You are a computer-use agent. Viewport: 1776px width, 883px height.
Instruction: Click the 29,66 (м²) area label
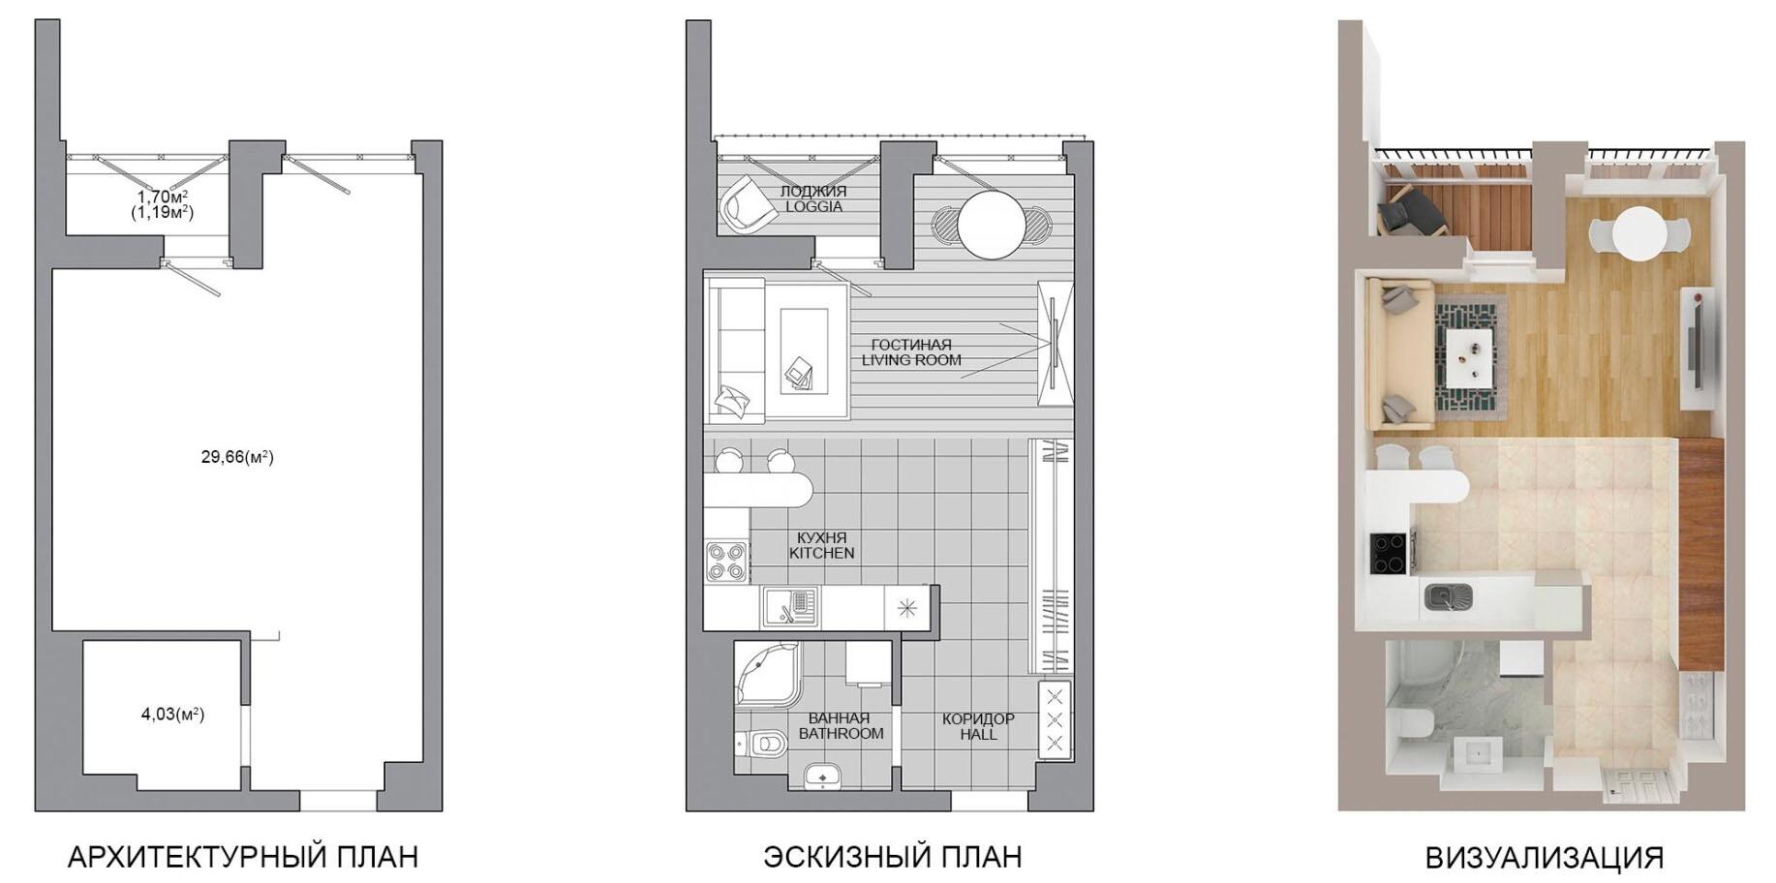pos(237,457)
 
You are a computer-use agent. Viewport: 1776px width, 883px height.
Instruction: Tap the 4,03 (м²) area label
pos(172,715)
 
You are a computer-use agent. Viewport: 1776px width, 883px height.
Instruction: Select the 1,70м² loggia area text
pos(162,196)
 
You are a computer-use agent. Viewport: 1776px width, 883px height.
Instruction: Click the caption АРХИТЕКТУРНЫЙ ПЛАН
pos(243,857)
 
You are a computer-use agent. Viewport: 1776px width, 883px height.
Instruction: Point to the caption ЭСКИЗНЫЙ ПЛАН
pos(892,857)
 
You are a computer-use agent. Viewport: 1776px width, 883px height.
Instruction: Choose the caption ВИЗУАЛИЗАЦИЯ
pos(1545,857)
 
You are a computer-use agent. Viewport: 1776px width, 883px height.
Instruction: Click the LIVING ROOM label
pos(911,360)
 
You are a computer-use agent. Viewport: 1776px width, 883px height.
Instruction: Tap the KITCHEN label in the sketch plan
pos(821,553)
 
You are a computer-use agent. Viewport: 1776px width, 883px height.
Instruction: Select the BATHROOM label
pos(841,734)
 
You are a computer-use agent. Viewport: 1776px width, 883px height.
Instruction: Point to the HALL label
pos(978,734)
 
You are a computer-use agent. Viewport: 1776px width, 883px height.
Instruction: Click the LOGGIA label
pos(813,206)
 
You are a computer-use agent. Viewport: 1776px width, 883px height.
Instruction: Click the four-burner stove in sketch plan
pos(726,562)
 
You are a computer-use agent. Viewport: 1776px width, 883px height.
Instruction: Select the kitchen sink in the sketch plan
pos(790,607)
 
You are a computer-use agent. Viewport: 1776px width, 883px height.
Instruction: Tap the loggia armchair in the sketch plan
pos(747,203)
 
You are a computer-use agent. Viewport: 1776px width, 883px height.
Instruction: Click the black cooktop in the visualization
pos(1390,555)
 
